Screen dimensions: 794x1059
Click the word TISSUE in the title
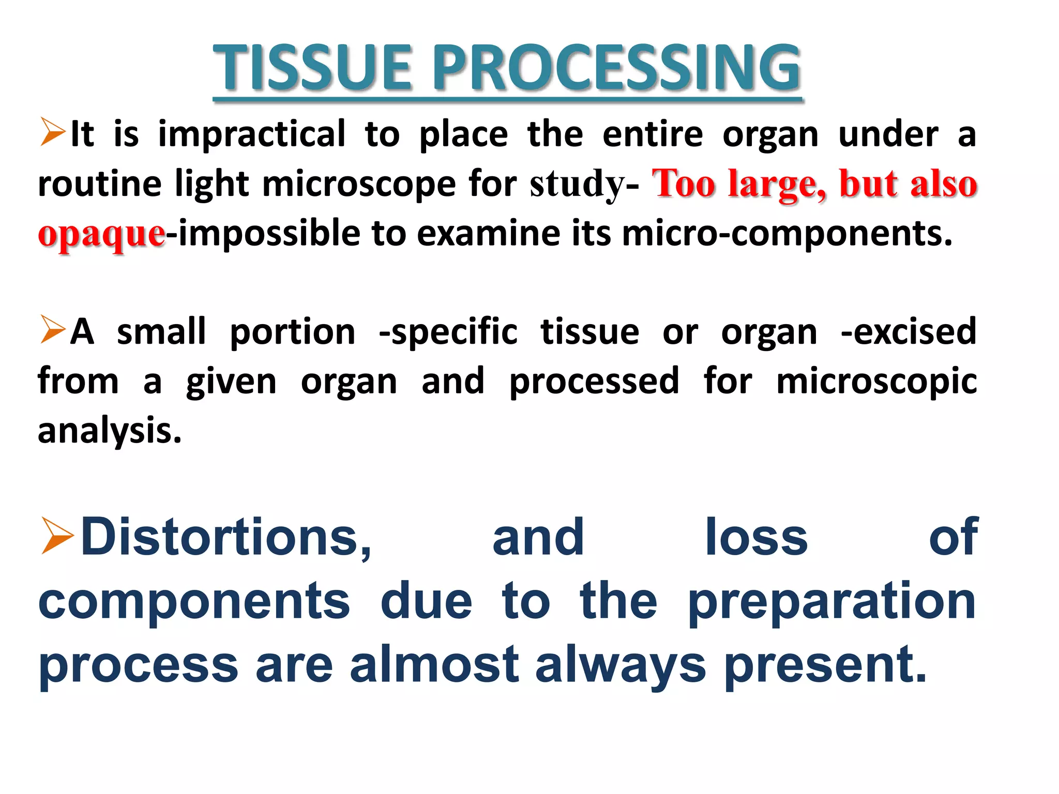(312, 68)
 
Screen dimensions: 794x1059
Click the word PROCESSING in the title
(615, 68)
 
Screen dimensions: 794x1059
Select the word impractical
(252, 134)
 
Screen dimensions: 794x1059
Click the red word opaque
(101, 234)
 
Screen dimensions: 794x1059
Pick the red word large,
(777, 184)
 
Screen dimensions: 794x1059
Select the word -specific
(448, 332)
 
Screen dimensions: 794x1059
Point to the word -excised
(908, 332)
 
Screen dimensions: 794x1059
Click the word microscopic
(876, 381)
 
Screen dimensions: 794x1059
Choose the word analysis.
(110, 431)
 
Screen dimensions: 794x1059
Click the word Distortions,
(226, 538)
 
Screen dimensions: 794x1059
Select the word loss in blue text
(756, 538)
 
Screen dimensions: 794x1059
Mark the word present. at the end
(825, 665)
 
